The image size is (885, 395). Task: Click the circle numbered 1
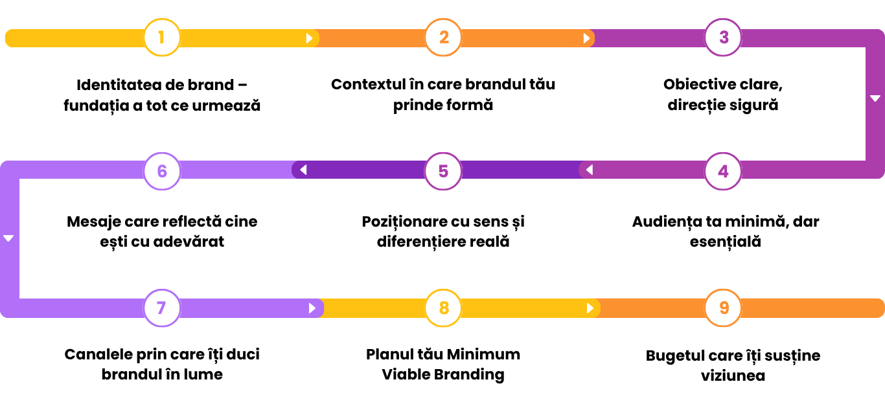(x=162, y=38)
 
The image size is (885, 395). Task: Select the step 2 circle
(x=443, y=38)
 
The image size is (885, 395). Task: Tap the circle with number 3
(x=723, y=38)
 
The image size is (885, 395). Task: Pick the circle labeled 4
(x=723, y=171)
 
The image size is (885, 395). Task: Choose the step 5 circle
(x=443, y=171)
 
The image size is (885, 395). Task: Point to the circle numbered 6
(x=162, y=171)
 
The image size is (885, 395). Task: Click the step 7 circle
(x=162, y=308)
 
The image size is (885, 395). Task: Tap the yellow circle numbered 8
(x=443, y=308)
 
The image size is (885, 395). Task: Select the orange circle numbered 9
(x=723, y=308)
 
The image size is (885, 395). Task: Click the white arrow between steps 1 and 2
(x=310, y=38)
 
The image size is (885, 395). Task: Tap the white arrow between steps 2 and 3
(x=586, y=38)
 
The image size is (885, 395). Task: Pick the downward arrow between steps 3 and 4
(x=875, y=98)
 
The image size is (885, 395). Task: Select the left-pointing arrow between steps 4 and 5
(x=589, y=170)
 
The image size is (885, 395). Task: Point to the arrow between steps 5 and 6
(x=303, y=170)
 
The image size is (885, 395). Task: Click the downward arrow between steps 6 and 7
(x=8, y=238)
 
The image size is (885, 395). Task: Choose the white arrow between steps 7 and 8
(x=312, y=308)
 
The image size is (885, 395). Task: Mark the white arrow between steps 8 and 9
(x=590, y=308)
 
